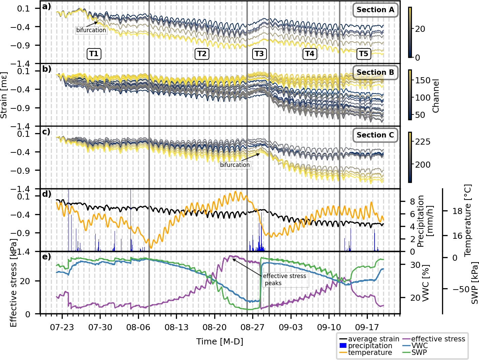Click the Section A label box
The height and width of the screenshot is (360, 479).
(x=375, y=10)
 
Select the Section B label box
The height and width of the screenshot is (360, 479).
(x=375, y=72)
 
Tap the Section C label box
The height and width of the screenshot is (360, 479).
(x=375, y=135)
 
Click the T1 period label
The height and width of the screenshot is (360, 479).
(x=94, y=54)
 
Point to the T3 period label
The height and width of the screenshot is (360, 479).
(x=259, y=54)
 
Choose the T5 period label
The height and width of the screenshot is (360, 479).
(x=363, y=54)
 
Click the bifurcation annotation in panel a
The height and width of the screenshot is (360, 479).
(x=91, y=30)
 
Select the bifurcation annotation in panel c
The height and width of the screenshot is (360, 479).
(x=235, y=165)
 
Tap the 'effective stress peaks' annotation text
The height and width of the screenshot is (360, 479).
(x=284, y=279)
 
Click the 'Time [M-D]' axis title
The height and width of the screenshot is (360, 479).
(x=220, y=341)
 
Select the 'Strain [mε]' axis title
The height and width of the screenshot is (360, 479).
(x=4, y=95)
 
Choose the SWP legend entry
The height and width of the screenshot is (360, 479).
(x=419, y=352)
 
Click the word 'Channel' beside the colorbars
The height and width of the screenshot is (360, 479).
(x=436, y=96)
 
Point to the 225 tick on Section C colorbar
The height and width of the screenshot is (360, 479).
(x=423, y=142)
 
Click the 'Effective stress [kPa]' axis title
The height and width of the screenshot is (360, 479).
(x=14, y=283)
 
